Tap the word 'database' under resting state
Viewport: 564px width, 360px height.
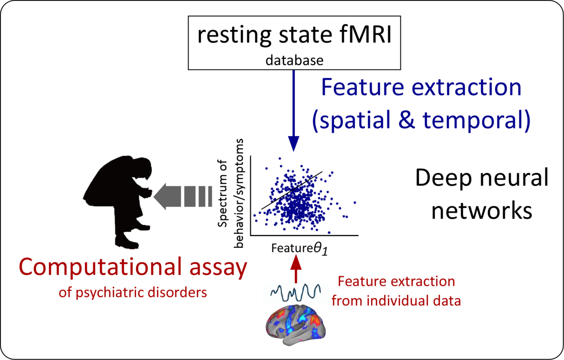click(294, 60)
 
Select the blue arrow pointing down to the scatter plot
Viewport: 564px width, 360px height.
click(293, 111)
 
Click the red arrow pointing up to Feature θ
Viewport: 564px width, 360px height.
click(296, 269)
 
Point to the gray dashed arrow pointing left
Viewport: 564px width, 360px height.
click(183, 197)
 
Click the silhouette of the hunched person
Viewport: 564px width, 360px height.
click(118, 202)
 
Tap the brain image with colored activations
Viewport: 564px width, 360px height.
click(296, 325)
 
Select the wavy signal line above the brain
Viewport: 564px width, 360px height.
click(296, 293)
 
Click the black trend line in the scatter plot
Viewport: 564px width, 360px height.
click(292, 190)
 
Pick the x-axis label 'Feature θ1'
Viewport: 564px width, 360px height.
click(300, 249)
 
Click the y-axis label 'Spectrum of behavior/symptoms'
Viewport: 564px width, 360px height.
click(230, 193)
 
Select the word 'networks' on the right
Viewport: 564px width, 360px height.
click(482, 211)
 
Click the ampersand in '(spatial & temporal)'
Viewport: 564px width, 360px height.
click(406, 120)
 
